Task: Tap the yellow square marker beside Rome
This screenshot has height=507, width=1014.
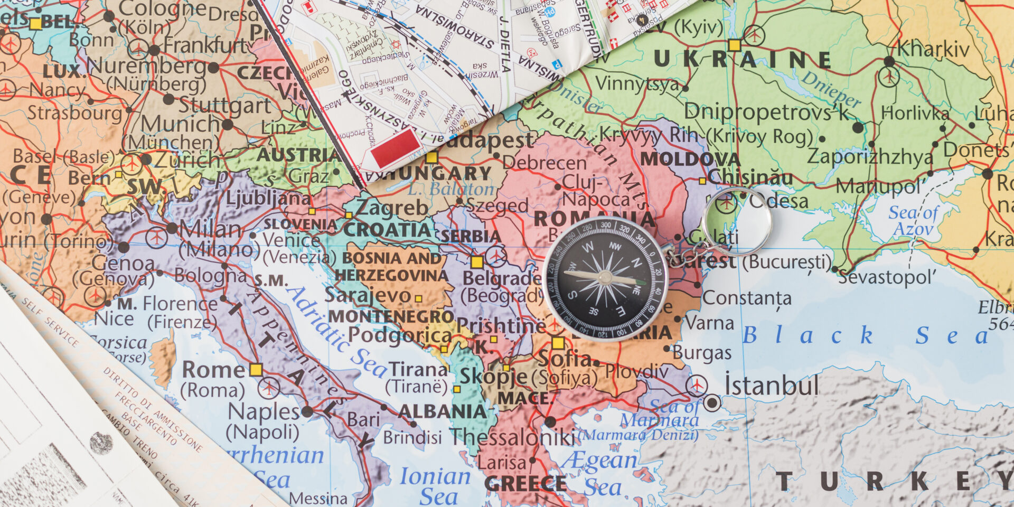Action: pyautogui.click(x=256, y=370)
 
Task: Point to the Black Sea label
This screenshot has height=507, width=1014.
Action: pyautogui.click(x=866, y=335)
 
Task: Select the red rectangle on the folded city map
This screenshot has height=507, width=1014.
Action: pyautogui.click(x=396, y=148)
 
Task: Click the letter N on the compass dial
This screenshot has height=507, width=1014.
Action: pyautogui.click(x=637, y=264)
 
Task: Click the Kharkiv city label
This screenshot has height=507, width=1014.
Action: pyautogui.click(x=933, y=50)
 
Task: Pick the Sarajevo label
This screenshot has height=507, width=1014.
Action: pyautogui.click(x=368, y=295)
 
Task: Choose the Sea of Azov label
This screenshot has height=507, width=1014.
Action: pyautogui.click(x=914, y=221)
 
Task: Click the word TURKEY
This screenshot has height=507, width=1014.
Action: pyautogui.click(x=893, y=482)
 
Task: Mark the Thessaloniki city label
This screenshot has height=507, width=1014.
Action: pyautogui.click(x=512, y=437)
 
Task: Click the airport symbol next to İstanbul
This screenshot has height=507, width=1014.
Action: pyautogui.click(x=697, y=386)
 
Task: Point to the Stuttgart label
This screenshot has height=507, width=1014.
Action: pyautogui.click(x=224, y=106)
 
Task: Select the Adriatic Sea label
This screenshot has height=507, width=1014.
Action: pyautogui.click(x=338, y=333)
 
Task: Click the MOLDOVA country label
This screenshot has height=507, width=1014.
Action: pyautogui.click(x=690, y=158)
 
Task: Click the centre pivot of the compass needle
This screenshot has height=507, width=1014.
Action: pyautogui.click(x=605, y=278)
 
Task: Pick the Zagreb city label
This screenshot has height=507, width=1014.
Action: pyautogui.click(x=391, y=208)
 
